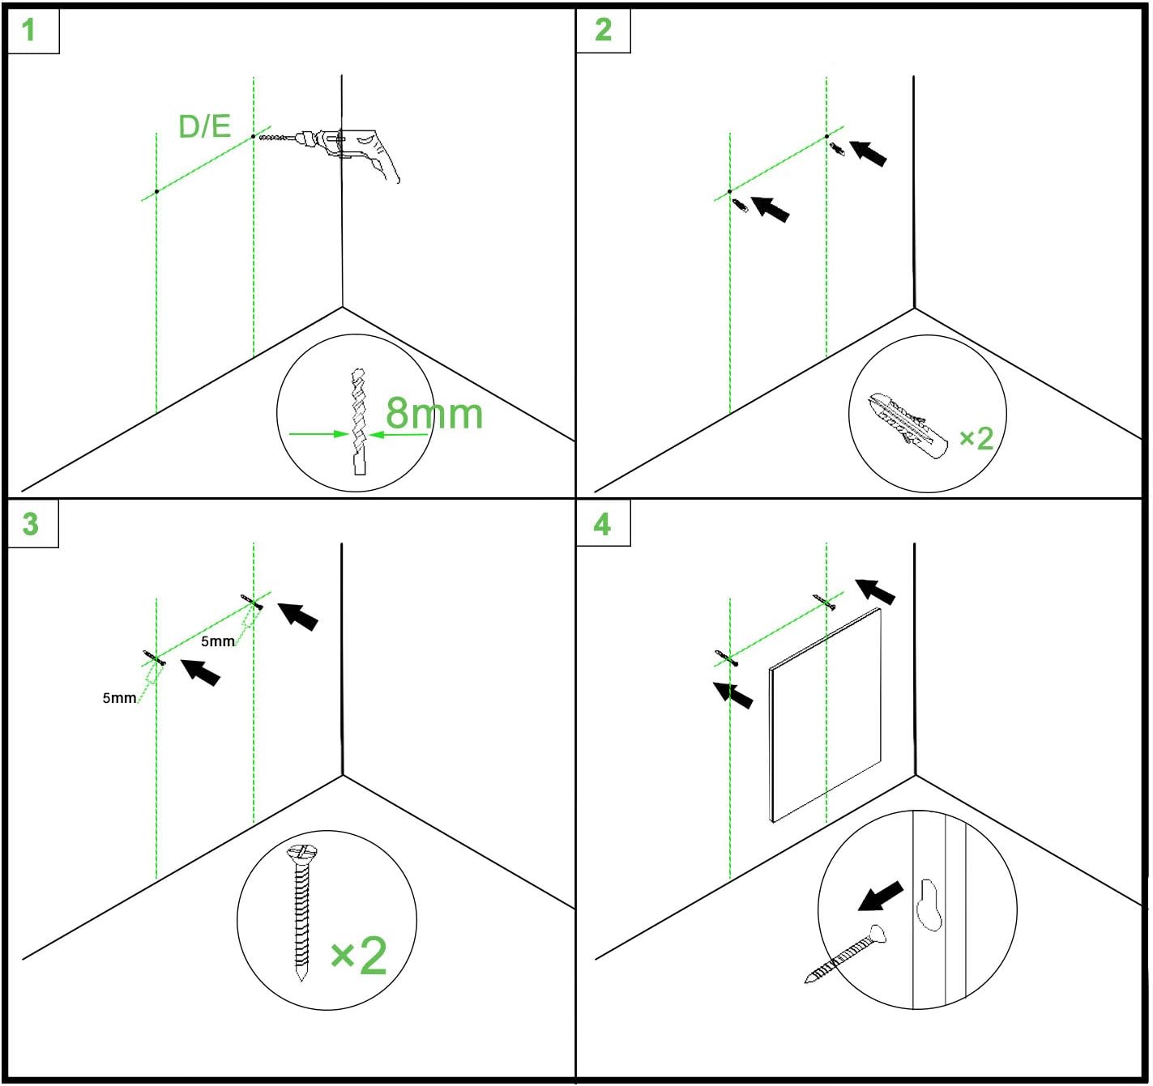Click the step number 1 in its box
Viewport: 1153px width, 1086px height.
[28, 30]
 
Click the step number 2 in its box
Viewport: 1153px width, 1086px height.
[603, 30]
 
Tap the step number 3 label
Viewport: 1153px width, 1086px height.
[30, 523]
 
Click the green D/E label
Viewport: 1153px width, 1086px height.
[204, 126]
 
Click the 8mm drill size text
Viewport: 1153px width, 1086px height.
[433, 413]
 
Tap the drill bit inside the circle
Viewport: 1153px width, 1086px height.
[359, 421]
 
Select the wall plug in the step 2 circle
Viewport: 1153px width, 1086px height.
[907, 425]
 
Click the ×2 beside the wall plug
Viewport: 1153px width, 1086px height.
[976, 438]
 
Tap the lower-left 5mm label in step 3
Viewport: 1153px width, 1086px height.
[119, 698]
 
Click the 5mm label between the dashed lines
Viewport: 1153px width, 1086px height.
[218, 641]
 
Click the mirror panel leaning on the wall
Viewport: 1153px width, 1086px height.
[825, 715]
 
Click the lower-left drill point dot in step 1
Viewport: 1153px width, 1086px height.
[156, 192]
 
